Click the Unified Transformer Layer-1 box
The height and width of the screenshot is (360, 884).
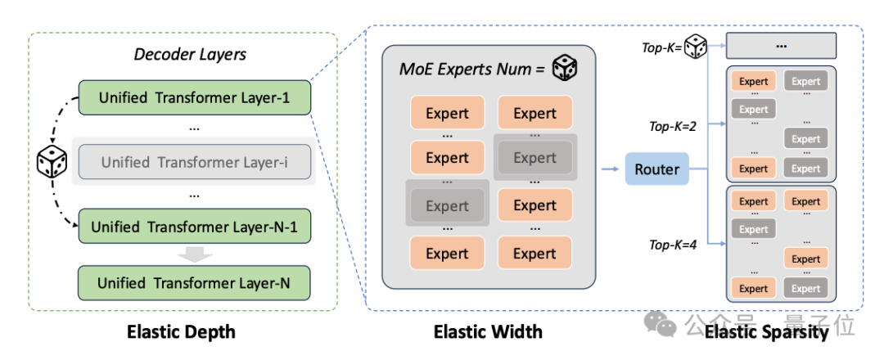click(194, 98)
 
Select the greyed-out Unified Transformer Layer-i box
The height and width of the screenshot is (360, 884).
click(194, 162)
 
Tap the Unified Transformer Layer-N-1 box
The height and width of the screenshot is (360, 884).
click(194, 227)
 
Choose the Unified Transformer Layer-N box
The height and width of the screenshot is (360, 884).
click(194, 283)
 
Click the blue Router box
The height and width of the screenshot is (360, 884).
click(656, 169)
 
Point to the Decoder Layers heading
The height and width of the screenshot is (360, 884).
click(190, 55)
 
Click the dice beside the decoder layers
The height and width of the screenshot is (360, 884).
click(52, 162)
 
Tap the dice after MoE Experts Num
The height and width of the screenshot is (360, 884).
click(564, 69)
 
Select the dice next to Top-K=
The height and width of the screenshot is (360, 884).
click(695, 47)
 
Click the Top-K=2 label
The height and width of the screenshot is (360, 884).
click(673, 127)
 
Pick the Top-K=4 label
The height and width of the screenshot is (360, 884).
click(673, 245)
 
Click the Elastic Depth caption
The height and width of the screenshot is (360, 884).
click(181, 332)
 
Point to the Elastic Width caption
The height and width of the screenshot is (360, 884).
click(488, 332)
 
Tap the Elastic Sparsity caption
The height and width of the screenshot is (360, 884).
click(767, 332)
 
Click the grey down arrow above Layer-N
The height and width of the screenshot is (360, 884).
click(194, 254)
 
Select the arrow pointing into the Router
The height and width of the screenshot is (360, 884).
click(610, 168)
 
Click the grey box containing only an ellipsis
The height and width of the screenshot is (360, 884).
click(781, 46)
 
